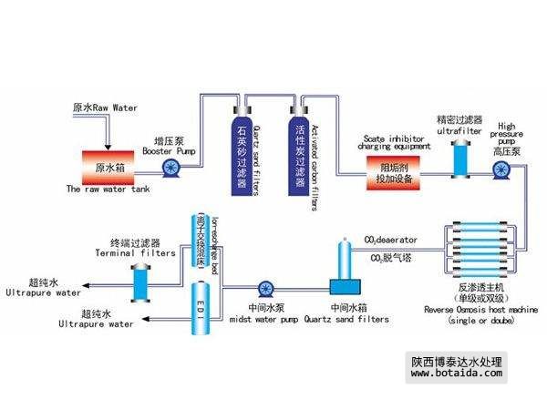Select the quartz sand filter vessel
point(242,154)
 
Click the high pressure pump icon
point(500,170)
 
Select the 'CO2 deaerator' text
point(391,241)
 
